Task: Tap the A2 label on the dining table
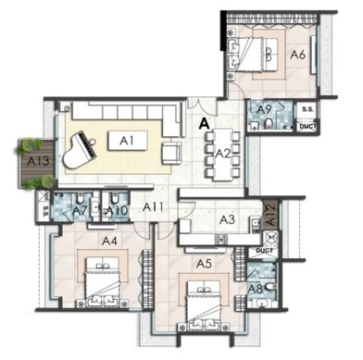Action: [223, 153]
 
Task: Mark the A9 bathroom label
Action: [264, 109]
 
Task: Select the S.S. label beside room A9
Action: [307, 110]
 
